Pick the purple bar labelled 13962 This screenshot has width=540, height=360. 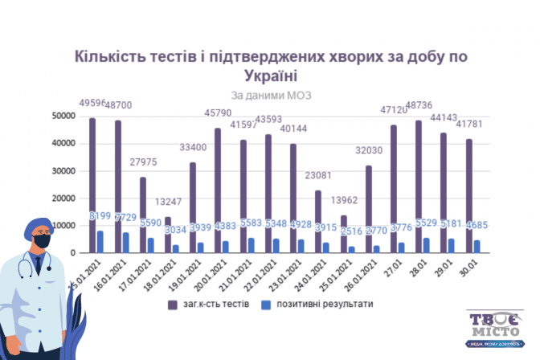coord(343,234)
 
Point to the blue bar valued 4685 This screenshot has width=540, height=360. coord(477,247)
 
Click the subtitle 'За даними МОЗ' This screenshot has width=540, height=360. coord(270,95)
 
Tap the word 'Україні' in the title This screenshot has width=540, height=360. coord(270,76)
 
